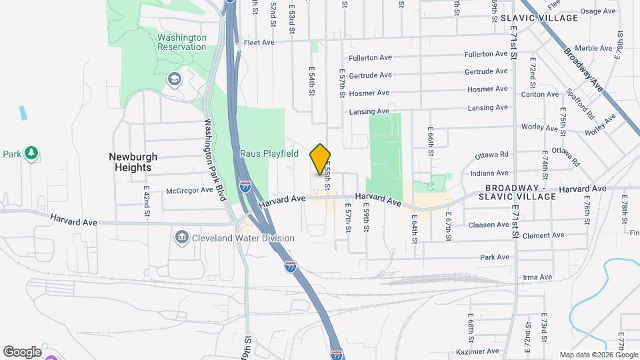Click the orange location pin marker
[x=321, y=159]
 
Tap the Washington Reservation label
[x=182, y=42]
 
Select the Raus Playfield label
[x=269, y=153]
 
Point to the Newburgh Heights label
[x=133, y=162]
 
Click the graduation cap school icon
[x=175, y=80]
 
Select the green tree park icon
[x=31, y=154]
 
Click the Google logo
[x=22, y=351]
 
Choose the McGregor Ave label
[x=189, y=190]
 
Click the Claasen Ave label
[x=488, y=225]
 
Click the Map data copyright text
[x=599, y=355]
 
